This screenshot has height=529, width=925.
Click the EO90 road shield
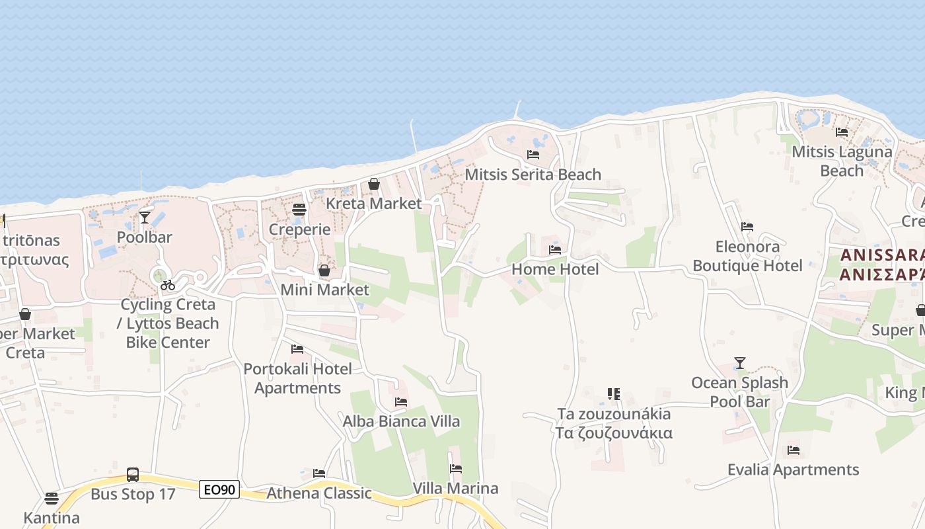(219, 490)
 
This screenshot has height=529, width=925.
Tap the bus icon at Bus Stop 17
(133, 475)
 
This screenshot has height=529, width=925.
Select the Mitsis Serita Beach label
(533, 175)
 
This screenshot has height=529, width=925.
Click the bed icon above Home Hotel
(555, 250)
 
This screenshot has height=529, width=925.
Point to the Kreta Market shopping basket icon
(374, 184)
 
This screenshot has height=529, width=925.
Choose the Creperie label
(299, 229)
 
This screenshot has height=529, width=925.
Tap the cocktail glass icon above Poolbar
(145, 217)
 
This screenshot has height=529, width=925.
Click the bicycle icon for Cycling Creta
(168, 285)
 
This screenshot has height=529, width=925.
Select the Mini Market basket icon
(324, 270)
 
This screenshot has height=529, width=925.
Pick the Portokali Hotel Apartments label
(298, 378)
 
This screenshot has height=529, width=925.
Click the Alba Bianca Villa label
(401, 421)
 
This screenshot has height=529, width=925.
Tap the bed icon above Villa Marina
(456, 469)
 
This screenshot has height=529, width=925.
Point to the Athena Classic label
(319, 493)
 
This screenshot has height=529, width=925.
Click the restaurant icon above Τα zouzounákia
(614, 394)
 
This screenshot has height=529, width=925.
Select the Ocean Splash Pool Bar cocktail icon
(740, 363)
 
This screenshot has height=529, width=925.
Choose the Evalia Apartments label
(793, 469)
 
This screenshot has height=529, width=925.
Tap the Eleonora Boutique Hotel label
(747, 256)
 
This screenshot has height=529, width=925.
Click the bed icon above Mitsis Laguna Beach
(842, 132)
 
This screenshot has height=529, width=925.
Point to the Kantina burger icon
(52, 499)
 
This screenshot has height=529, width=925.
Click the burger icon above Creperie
(299, 210)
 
